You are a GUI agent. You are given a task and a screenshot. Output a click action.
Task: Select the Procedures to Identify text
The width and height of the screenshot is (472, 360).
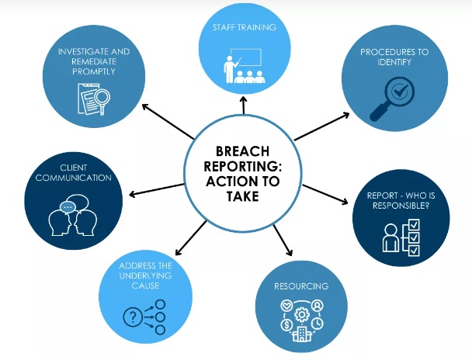[x=395, y=58]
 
